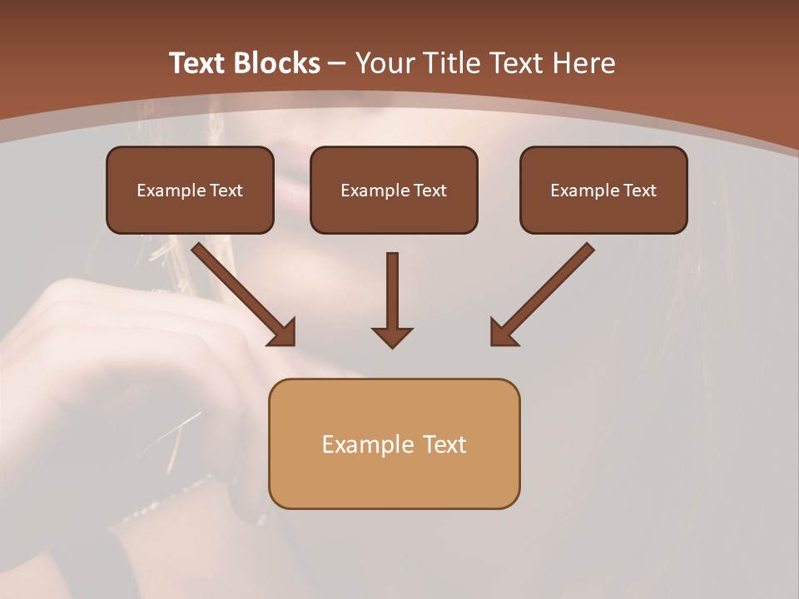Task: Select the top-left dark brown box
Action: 190,191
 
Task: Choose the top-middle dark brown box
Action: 394,191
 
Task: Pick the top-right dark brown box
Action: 603,191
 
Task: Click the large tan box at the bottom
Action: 394,444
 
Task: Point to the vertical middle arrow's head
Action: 392,336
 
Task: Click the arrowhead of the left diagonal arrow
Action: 283,333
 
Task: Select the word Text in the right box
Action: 639,191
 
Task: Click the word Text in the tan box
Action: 444,444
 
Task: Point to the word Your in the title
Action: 383,63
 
